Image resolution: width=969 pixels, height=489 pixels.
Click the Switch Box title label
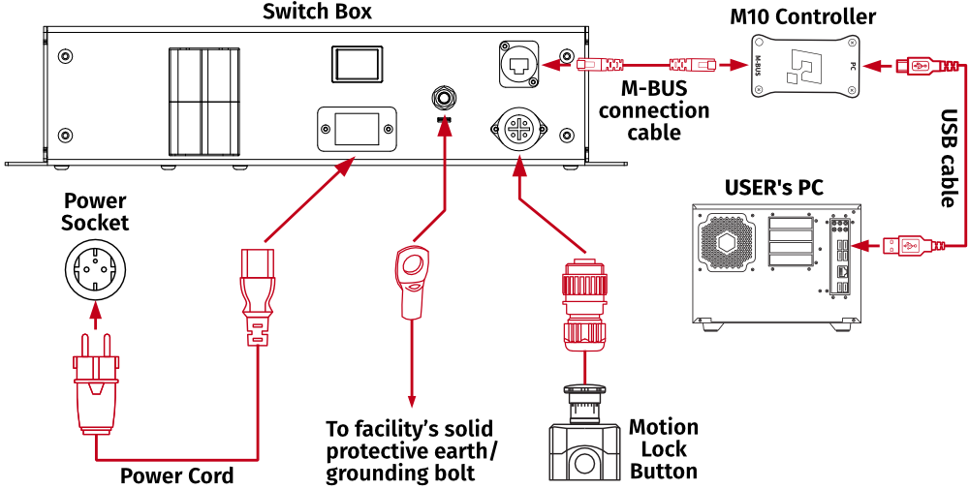click(316, 13)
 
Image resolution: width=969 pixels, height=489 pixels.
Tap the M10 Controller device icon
click(806, 67)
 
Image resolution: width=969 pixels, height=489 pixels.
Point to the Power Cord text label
click(176, 475)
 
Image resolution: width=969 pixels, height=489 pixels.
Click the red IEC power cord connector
click(257, 290)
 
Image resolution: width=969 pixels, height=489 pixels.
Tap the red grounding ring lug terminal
click(412, 280)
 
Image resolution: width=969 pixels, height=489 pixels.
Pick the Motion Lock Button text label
click(664, 449)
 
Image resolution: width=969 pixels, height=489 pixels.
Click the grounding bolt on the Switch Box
click(444, 97)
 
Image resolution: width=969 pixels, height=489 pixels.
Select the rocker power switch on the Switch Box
click(355, 63)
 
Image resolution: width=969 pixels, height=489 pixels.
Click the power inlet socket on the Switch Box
click(356, 129)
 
